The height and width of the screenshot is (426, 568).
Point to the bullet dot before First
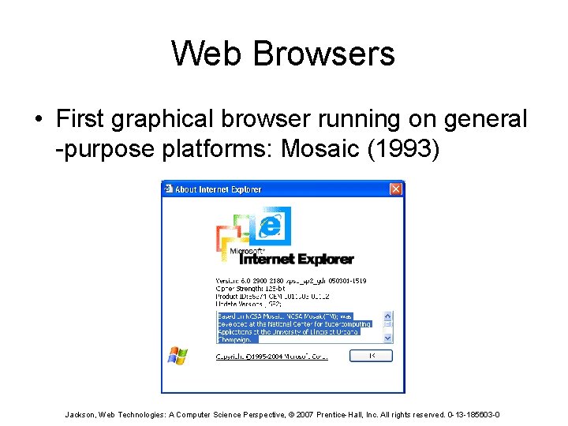[x=38, y=120]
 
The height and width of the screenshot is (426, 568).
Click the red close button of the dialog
[x=395, y=189]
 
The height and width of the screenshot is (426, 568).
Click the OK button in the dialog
[x=371, y=357]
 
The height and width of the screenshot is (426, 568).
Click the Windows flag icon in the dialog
[x=177, y=356]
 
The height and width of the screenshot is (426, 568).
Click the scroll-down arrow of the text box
[x=387, y=337]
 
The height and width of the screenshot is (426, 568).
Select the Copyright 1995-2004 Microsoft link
[x=272, y=357]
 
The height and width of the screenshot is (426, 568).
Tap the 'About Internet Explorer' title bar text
[x=218, y=189]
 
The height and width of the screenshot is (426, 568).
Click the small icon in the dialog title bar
[x=168, y=189]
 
